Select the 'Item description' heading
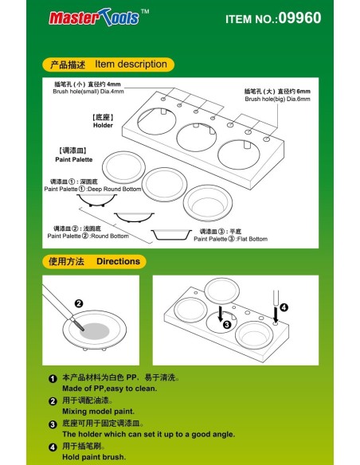coord(131,64)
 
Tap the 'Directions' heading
coord(118,261)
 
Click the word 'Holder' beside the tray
coord(104,125)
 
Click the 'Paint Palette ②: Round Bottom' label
coord(88,236)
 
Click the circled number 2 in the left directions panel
coord(78,303)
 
